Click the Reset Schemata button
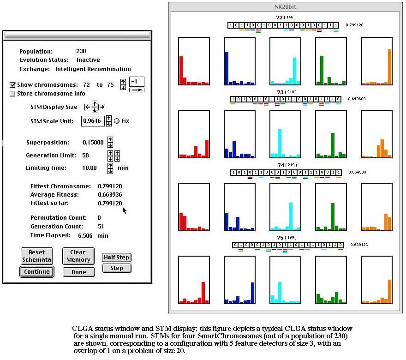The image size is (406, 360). coord(37,256)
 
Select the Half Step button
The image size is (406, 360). coord(116,258)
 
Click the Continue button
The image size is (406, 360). coord(37,272)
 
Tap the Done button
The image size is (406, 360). coord(78,272)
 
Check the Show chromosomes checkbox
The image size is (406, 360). coord(13,85)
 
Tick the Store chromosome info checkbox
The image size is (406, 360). coord(13,94)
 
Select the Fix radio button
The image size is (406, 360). coord(117,121)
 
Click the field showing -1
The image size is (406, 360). coord(136,82)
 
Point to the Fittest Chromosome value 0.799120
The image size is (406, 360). coord(110,186)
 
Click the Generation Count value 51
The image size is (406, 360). coord(101,227)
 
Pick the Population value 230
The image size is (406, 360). coord(81,51)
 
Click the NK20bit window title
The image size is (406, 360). coord(286,6)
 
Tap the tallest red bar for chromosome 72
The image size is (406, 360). coord(181,70)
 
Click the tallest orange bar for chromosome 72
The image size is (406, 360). coord(389,66)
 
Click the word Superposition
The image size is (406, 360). coord(48,143)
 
